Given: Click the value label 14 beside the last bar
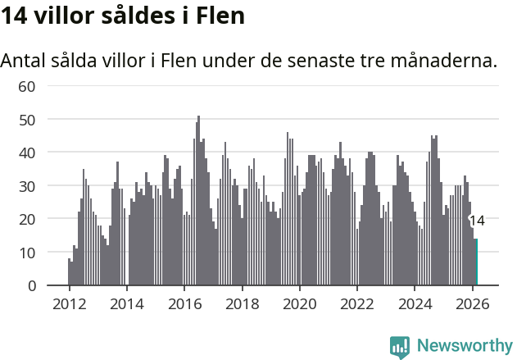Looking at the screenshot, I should pos(477,220).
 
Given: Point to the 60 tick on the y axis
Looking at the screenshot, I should pos(27,86).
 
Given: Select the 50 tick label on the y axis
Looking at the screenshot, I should pos(27,120).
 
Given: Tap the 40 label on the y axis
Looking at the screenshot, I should pos(27,153).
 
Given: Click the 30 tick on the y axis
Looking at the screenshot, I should pos(27,186).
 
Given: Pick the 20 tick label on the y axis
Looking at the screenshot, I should pos(27,219).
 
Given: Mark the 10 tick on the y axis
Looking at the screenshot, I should pos(27,253).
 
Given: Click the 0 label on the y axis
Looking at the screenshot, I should pos(31,286).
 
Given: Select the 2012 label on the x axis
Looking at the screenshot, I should pos(69,303).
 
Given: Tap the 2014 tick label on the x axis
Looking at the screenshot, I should pos(126,303).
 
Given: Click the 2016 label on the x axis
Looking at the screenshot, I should pos(184,303).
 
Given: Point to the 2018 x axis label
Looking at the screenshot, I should pos(242,303).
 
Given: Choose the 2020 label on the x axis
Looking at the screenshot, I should pos(299,303).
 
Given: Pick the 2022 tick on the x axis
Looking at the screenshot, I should pos(357,303).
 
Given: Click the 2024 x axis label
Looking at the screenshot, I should pos(415,303).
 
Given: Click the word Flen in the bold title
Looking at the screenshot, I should pos(220,16).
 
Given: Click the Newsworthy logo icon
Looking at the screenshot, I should pos(400,347).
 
